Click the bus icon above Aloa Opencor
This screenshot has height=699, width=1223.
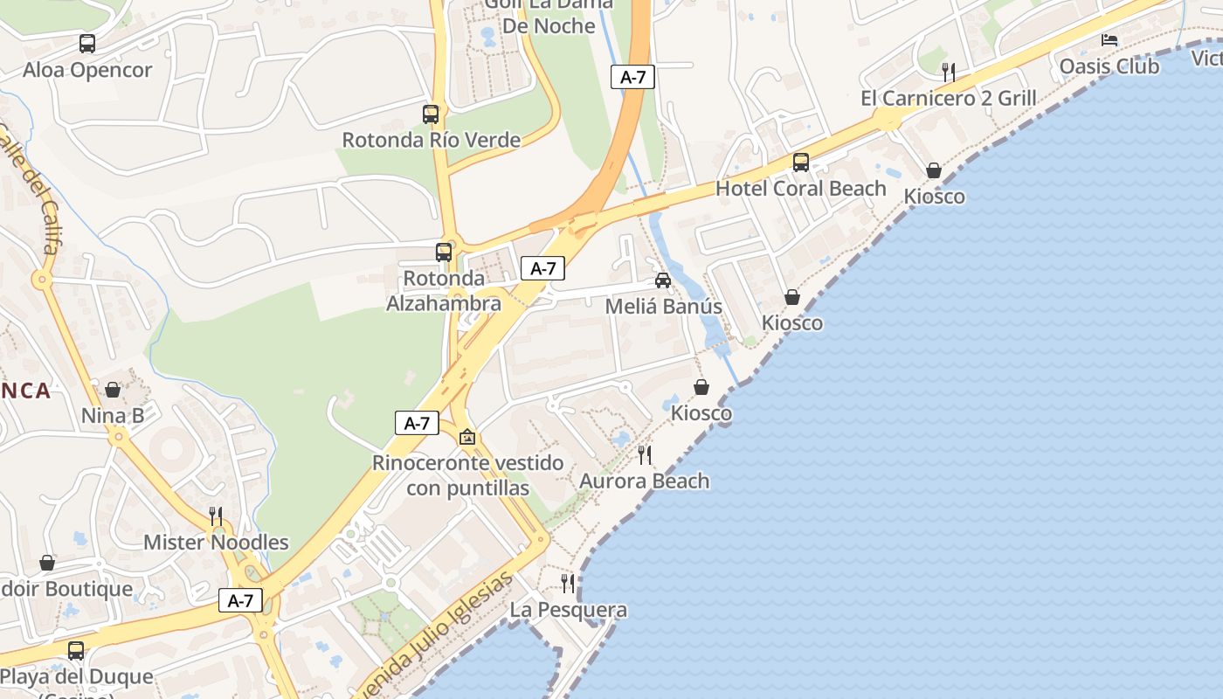pos(87,43)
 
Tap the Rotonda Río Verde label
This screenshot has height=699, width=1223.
pos(431,140)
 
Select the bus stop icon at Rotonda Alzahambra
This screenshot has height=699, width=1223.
pos(444,253)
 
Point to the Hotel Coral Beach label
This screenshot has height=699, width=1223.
pos(800,188)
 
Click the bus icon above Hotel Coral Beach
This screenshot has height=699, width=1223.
pos(800,162)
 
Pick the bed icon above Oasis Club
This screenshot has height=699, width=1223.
pos(1109,40)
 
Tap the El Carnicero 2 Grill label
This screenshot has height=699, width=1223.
pos(949,98)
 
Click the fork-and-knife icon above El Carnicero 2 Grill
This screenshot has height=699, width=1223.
pos(949,72)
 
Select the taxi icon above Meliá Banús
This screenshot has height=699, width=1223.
pos(663,280)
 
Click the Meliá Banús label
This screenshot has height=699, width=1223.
pos(663,307)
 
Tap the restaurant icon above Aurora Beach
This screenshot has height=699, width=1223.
pos(645,454)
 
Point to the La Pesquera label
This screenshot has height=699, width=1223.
pos(568,610)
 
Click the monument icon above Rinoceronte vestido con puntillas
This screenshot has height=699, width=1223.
pos(467,436)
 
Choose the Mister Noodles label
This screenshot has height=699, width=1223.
pos(216,542)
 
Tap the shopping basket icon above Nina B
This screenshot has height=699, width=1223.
pos(113,390)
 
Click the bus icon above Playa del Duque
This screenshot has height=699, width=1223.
pos(76,651)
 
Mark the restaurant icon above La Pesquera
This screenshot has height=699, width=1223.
pos(568,583)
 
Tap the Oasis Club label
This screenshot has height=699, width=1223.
pos(1109,66)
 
